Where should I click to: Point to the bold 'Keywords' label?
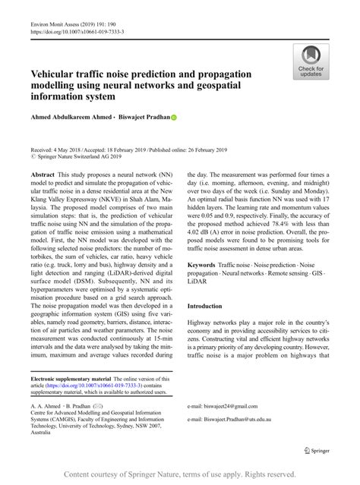pos(201,265)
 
